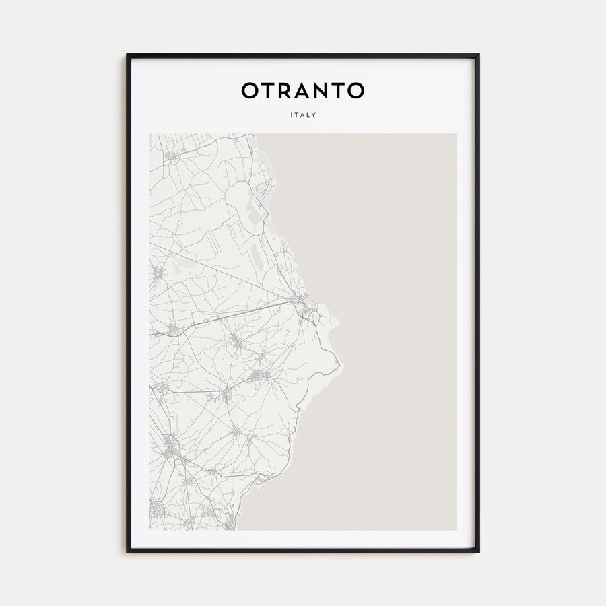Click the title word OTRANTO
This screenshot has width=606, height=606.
pyautogui.click(x=303, y=90)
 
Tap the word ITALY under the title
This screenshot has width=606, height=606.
pyautogui.click(x=303, y=115)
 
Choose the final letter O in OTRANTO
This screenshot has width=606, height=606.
pyautogui.click(x=356, y=90)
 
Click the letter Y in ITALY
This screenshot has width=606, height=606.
pyautogui.click(x=314, y=115)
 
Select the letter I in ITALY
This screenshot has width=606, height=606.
pyautogui.click(x=292, y=115)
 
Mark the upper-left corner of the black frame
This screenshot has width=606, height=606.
pyautogui.click(x=128, y=55)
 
